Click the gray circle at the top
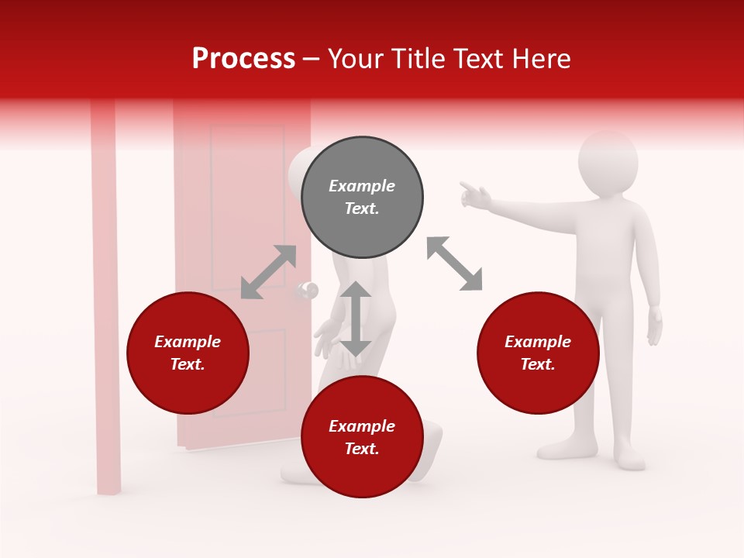coord(362,198)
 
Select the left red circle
coord(188,353)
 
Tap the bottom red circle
coord(362,438)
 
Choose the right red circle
coord(538,353)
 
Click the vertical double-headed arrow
coord(356,319)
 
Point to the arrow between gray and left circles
coord(268,272)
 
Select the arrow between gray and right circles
coord(454,263)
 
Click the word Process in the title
coord(243,58)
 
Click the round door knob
coord(307,291)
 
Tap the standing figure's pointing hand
coord(474,196)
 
